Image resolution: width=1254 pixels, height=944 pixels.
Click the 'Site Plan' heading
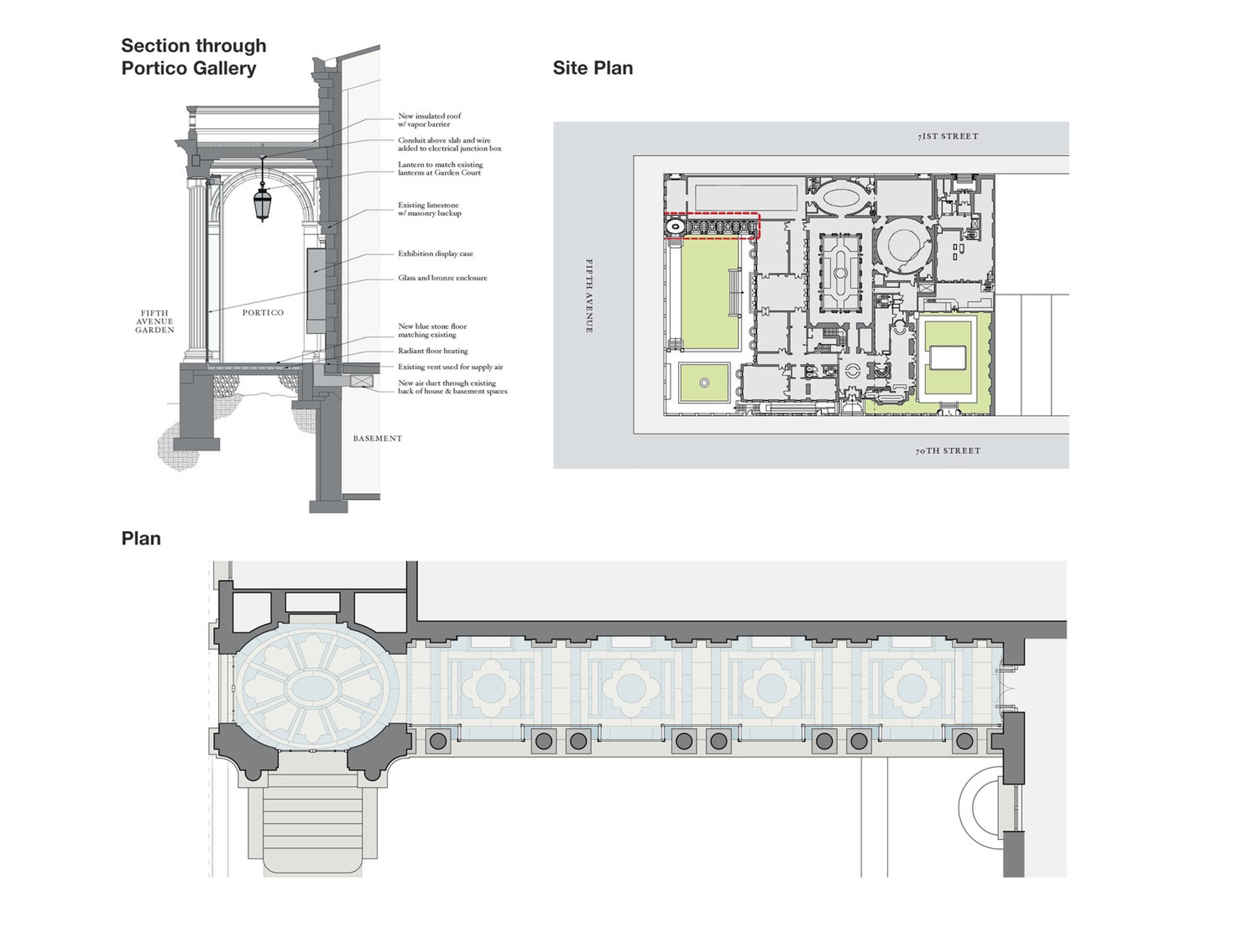coord(593,68)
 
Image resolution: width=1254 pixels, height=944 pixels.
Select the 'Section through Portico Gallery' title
coord(193,57)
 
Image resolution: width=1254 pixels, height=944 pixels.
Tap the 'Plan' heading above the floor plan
coord(141,538)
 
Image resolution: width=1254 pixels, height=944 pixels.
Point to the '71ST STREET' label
coord(948,136)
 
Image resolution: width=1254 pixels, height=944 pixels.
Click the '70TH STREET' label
coord(948,451)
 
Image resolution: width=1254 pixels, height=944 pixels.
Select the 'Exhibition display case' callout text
coord(435,253)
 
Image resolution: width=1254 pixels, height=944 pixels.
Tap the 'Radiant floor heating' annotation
coord(433,351)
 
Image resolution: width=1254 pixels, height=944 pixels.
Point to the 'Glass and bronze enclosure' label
coord(442,278)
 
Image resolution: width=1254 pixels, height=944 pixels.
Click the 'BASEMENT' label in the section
coord(378,438)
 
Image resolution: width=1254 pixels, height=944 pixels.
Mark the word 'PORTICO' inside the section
coord(263,312)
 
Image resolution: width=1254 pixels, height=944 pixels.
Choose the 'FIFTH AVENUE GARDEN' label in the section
coord(154,321)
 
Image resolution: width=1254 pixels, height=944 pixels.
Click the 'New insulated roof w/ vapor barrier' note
coord(429,120)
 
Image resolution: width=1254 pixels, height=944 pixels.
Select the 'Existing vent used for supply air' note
coord(450,367)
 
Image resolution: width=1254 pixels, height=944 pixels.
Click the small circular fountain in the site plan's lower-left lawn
coord(704,383)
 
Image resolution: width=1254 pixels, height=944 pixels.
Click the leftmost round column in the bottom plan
coord(438,740)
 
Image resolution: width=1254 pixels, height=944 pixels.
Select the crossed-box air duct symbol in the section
coord(362,380)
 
